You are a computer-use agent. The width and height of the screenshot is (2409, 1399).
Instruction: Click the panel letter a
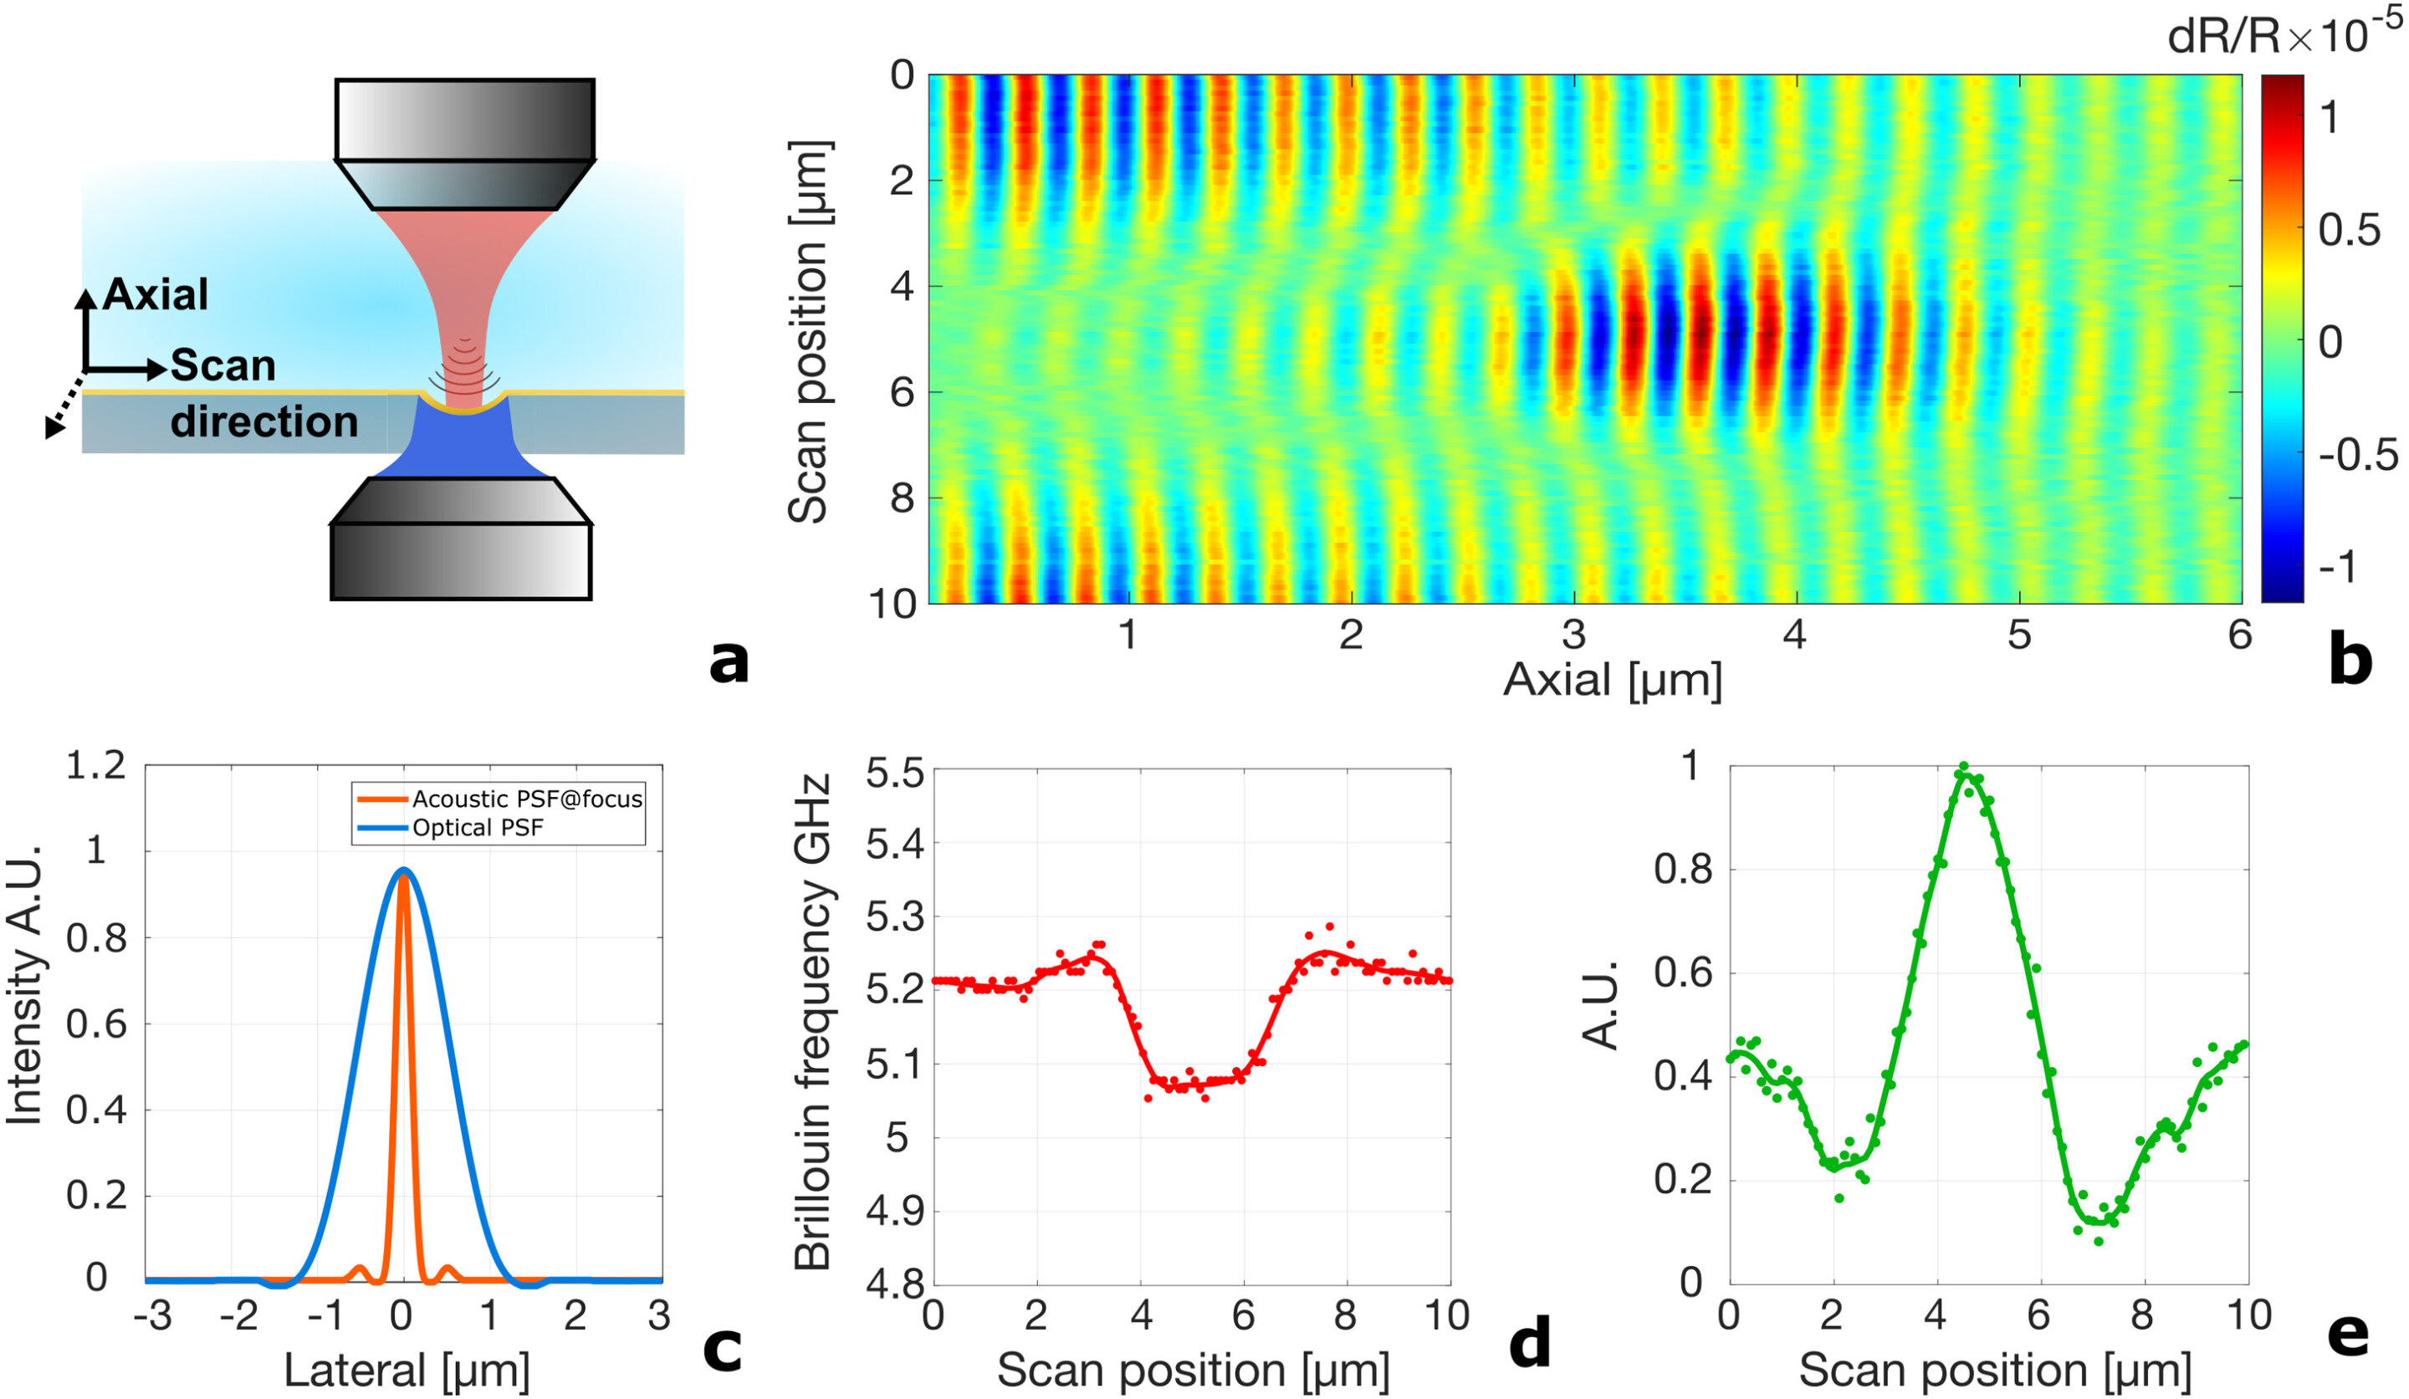click(729, 661)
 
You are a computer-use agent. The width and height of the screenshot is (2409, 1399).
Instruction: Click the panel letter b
click(2350, 661)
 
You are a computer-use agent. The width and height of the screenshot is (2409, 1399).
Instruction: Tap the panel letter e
click(2348, 1334)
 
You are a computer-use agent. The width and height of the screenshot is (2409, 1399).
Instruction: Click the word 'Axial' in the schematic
click(156, 294)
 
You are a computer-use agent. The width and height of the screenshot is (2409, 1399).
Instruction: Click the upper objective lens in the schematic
click(464, 143)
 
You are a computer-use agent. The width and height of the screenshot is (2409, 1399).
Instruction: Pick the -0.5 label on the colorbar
click(2356, 456)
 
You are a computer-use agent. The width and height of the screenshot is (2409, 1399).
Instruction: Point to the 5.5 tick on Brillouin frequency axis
click(895, 772)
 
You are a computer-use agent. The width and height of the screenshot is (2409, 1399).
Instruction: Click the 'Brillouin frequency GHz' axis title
click(812, 1023)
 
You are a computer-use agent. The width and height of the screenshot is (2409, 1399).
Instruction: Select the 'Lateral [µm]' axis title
click(407, 1371)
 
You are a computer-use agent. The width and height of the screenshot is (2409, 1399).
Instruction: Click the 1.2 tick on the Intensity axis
click(95, 765)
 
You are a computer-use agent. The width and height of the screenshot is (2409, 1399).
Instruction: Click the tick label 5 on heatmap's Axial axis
click(2019, 635)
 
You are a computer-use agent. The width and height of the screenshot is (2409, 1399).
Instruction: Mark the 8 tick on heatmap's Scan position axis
click(902, 498)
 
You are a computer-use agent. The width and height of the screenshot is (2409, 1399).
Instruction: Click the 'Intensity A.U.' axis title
click(25, 984)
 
